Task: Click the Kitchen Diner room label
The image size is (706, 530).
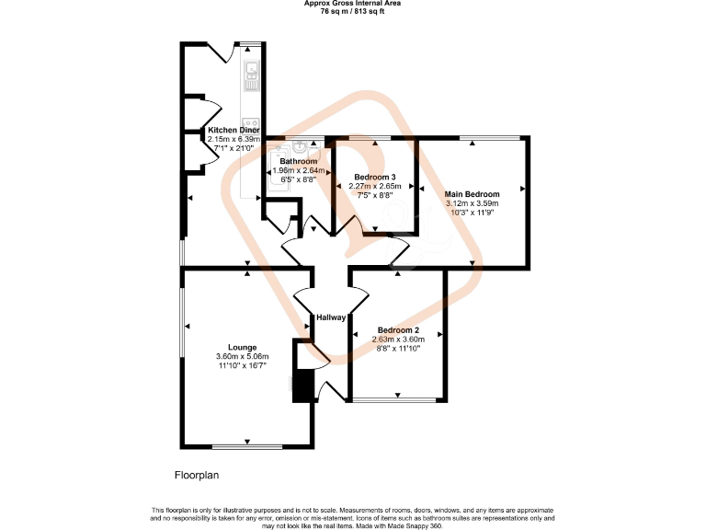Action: point(233,131)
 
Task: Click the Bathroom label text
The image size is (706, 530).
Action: point(299,162)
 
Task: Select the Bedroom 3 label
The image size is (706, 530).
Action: point(373,177)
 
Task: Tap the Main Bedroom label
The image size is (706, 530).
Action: point(472,194)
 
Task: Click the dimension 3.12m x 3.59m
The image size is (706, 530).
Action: point(472,203)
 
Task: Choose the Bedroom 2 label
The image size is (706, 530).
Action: point(397,330)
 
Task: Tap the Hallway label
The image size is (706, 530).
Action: point(331,317)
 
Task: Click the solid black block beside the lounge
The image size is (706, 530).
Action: point(301,387)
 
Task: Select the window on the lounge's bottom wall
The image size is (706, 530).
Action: point(247,446)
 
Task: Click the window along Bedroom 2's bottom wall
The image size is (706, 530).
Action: point(397,400)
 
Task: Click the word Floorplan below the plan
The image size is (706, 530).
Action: point(197,476)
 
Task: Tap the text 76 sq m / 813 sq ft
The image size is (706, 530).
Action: point(353,11)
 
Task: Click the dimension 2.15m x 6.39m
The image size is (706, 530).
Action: point(233,139)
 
